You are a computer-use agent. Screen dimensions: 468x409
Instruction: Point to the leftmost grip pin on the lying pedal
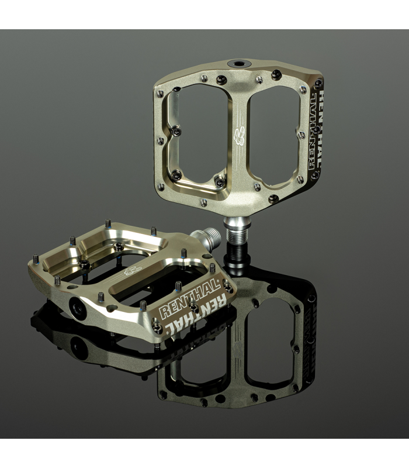(x=34, y=257)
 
